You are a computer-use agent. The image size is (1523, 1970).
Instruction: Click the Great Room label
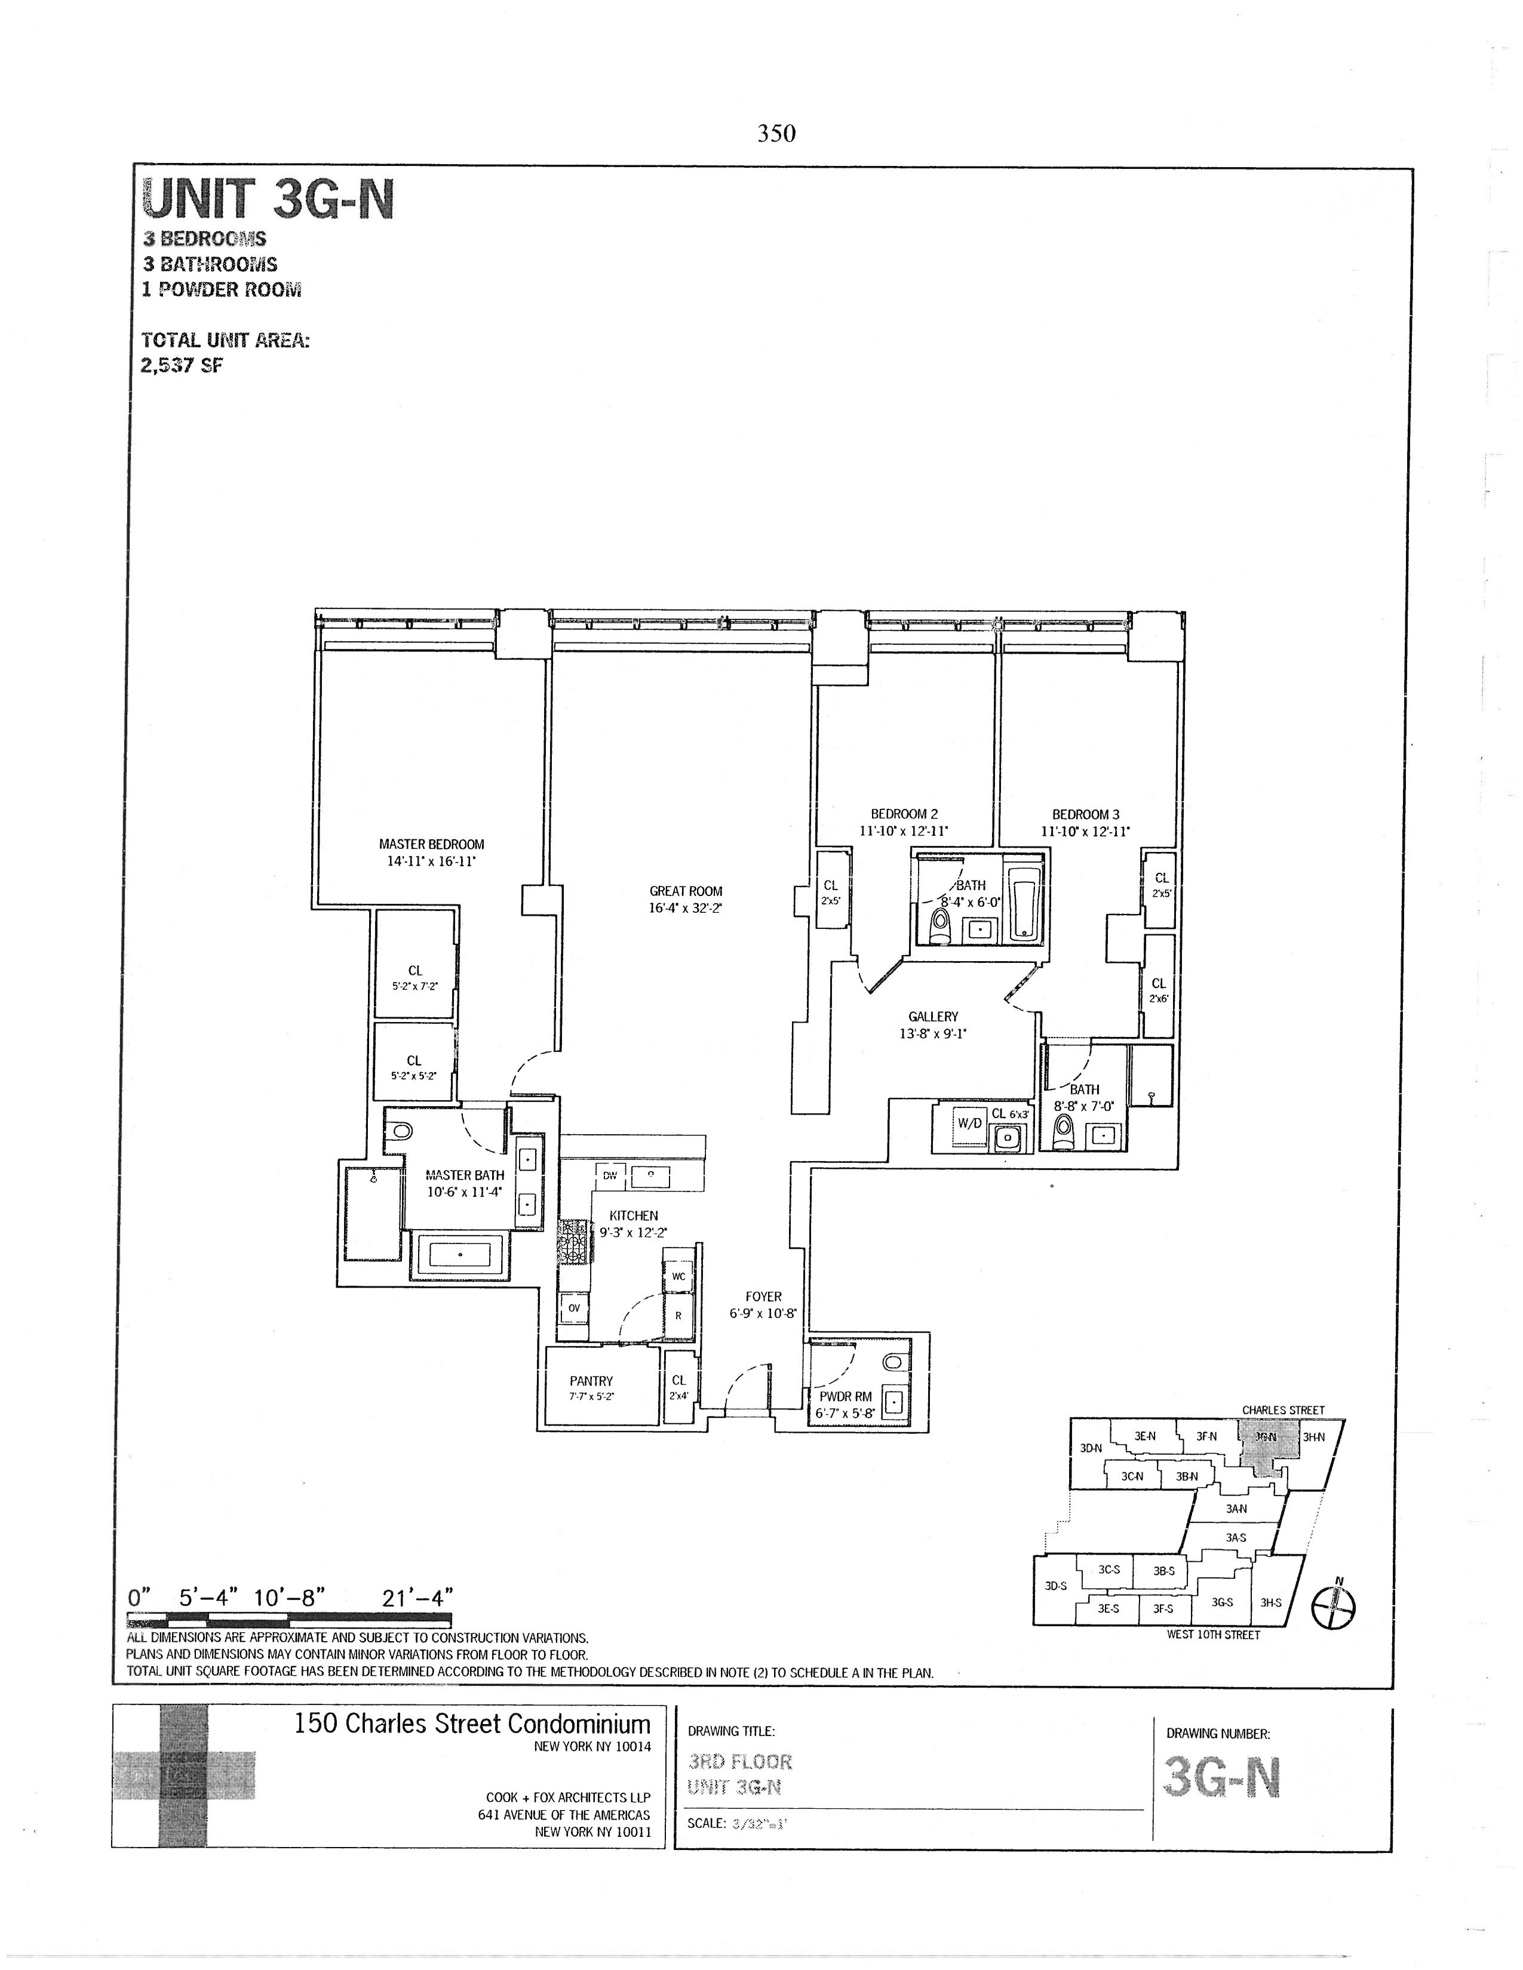[686, 891]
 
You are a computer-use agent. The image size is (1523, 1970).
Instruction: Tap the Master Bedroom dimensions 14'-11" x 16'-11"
[431, 861]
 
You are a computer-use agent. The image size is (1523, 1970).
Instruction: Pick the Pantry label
[591, 1381]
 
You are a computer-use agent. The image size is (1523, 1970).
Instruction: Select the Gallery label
[933, 1017]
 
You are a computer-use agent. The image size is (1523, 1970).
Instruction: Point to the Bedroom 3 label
[1085, 814]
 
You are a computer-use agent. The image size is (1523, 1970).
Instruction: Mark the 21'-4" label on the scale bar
[417, 1598]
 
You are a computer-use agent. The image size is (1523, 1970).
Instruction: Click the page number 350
[776, 134]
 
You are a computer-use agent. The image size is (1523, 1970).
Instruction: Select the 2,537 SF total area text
[182, 365]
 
